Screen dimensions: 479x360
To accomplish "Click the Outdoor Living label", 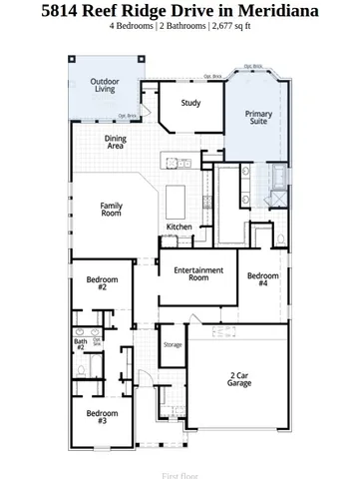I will (104, 85).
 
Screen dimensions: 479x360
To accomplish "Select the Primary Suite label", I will (258, 119).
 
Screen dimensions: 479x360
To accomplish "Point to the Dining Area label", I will (116, 142).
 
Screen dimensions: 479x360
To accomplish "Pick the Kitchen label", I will (179, 227).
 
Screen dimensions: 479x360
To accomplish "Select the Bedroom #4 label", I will (262, 279).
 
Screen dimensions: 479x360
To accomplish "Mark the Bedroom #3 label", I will (102, 416).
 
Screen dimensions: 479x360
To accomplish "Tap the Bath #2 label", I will (80, 344).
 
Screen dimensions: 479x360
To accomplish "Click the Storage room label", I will (173, 344).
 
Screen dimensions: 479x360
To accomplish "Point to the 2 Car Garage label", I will (239, 378).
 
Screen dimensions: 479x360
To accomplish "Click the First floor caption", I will (180, 462).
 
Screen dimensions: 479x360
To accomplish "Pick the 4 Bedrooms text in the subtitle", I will (134, 28).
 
